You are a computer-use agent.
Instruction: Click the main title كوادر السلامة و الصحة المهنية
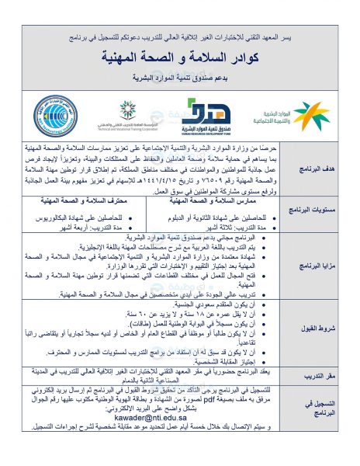[179, 59]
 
